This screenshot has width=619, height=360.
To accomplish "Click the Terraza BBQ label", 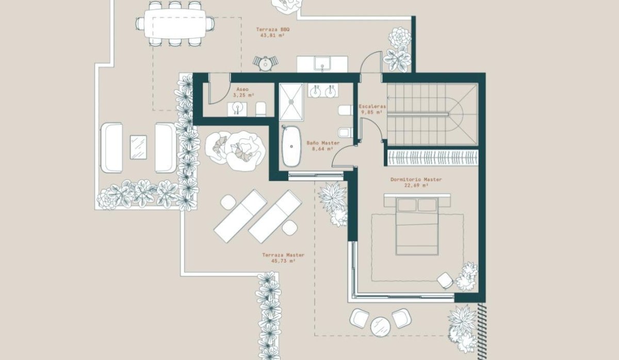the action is [273, 29].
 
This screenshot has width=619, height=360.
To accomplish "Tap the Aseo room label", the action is [242, 89].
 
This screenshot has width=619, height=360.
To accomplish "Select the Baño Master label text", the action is [323, 143].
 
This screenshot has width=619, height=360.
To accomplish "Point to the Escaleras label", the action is [372, 106].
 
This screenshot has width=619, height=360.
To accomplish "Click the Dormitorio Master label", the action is [416, 179].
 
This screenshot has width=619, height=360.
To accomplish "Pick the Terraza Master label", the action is [283, 255].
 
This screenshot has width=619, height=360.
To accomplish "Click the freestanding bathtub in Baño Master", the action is [291, 146].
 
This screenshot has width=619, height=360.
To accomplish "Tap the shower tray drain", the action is [291, 102].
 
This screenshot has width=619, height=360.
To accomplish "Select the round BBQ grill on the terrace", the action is [266, 64].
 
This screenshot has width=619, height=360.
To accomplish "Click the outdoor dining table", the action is [175, 24].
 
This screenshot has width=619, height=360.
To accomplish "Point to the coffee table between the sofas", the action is [138, 147].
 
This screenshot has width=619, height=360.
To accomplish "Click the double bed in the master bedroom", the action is [417, 226].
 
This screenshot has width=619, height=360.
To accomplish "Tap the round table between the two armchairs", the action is [380, 327].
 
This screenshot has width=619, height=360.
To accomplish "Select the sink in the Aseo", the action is [237, 109].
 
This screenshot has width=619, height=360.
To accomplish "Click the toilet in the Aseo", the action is [261, 109].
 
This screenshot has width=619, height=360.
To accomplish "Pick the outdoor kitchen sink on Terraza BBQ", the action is [322, 63].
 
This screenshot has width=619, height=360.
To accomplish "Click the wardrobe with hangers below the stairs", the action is [433, 158].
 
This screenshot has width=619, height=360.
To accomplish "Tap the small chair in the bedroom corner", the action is [445, 281].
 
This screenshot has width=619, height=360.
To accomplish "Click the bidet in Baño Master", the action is [346, 132].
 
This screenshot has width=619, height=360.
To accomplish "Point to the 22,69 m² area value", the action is [416, 185].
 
